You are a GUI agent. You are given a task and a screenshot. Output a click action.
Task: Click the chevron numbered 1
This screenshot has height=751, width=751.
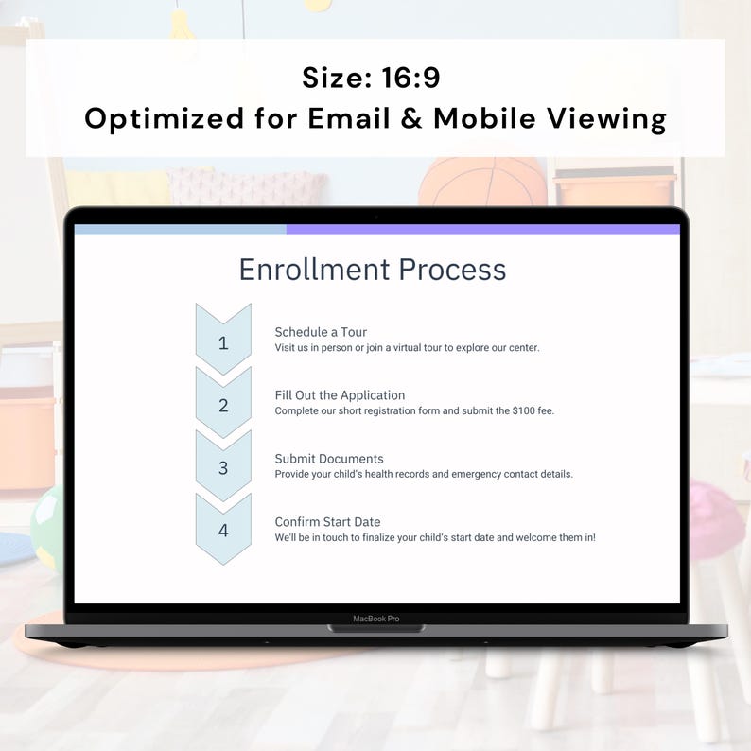tap(223, 341)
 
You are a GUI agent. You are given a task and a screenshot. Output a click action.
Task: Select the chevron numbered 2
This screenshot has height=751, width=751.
tap(223, 405)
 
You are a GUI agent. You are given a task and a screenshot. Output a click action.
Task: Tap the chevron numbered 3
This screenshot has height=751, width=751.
tap(223, 467)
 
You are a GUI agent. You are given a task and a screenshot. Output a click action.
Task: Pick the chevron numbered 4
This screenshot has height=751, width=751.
tap(223, 530)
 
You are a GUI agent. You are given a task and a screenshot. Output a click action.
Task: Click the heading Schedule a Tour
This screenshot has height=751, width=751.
tap(321, 332)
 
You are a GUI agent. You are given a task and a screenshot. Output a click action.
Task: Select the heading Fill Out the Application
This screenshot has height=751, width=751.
tap(340, 395)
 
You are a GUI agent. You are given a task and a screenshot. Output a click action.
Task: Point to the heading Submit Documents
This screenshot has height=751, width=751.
tap(329, 459)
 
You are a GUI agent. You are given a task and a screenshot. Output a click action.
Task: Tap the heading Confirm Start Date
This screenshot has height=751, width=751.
tap(327, 522)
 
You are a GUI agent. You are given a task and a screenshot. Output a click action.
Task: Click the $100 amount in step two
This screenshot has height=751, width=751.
tap(526, 410)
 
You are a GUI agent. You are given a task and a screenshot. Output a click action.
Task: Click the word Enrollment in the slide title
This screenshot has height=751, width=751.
tap(314, 270)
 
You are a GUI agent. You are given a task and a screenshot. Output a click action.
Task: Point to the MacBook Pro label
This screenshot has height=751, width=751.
tap(376, 619)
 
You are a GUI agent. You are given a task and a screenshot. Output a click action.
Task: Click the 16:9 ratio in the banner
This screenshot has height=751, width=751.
tap(412, 78)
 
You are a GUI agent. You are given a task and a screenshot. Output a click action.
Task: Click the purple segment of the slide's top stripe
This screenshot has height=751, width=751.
tap(482, 229)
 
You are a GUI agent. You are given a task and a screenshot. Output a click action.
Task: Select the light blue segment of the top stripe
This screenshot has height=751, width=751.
tap(180, 229)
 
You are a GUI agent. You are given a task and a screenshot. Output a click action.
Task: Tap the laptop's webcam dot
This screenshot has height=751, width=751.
tap(376, 217)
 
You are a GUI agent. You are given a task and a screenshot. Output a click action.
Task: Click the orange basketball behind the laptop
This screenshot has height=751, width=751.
tap(482, 181)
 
